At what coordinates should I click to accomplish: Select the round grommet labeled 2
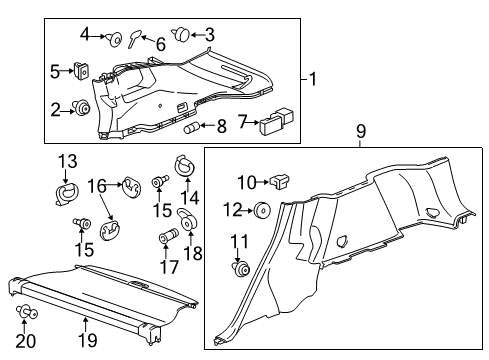click(83, 108)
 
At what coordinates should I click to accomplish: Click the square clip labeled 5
click(80, 71)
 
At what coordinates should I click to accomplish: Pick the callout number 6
click(160, 45)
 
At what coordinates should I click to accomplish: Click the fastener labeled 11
click(241, 267)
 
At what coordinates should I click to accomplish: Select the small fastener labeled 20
click(25, 313)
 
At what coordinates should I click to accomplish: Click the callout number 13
click(67, 162)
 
